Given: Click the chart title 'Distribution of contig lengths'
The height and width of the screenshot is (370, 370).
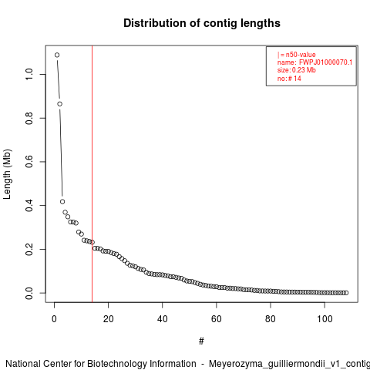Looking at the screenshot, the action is pos(202,23).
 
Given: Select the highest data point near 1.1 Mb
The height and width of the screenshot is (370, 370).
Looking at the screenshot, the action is pos(57,55).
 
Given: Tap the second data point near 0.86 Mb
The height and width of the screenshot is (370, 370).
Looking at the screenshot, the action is pos(59,104).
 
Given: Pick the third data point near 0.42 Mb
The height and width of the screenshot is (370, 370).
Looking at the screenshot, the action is pos(62,202).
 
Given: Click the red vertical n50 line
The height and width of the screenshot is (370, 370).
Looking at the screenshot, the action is pos(92,174).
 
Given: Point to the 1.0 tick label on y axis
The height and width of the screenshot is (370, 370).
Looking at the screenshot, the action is pos(29,74).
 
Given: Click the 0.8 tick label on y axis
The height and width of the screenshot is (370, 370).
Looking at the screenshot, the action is pos(29,118).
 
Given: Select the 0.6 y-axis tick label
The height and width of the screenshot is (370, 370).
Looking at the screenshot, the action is pos(29,162).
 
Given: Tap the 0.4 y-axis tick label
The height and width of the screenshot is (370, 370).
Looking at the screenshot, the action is pos(29,206).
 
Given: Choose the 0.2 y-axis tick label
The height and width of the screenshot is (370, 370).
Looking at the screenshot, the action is pos(29,249).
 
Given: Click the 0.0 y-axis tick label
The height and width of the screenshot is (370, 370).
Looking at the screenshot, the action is pos(29,293).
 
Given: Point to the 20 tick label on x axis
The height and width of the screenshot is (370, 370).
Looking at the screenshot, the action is pos(109,319).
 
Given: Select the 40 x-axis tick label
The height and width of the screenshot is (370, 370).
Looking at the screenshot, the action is pos(163,319).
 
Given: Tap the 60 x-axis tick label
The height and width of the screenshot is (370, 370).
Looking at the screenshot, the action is pos(217,319).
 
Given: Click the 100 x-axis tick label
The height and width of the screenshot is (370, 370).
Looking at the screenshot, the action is pos(325,319).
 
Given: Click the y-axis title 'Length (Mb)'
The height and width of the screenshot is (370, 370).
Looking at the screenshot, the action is pos(7,174).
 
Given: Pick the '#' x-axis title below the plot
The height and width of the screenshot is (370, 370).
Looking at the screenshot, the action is pos(201,341).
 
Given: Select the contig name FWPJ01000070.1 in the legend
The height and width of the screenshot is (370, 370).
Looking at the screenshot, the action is pos(325,62).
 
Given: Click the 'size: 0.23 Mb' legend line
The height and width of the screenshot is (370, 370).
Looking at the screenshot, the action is pos(297,70).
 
